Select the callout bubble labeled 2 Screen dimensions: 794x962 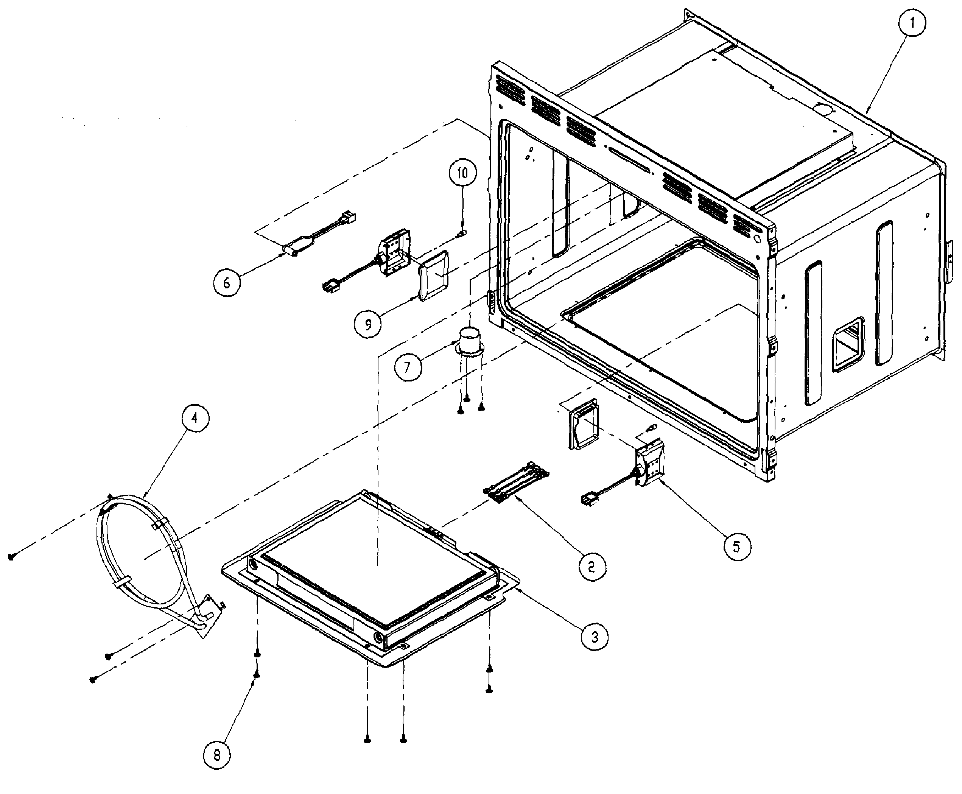[592, 567]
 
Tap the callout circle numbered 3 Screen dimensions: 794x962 [595, 637]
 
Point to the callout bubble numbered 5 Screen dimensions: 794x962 [736, 547]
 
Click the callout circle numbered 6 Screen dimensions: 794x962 [227, 283]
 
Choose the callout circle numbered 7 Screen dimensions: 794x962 [408, 367]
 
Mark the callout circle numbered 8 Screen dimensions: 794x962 [217, 755]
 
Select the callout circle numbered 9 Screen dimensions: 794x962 [368, 324]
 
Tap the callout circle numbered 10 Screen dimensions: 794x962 [462, 173]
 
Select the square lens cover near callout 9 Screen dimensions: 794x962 [434, 276]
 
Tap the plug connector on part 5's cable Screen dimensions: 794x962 [589, 499]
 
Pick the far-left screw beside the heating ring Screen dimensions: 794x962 [12, 556]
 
